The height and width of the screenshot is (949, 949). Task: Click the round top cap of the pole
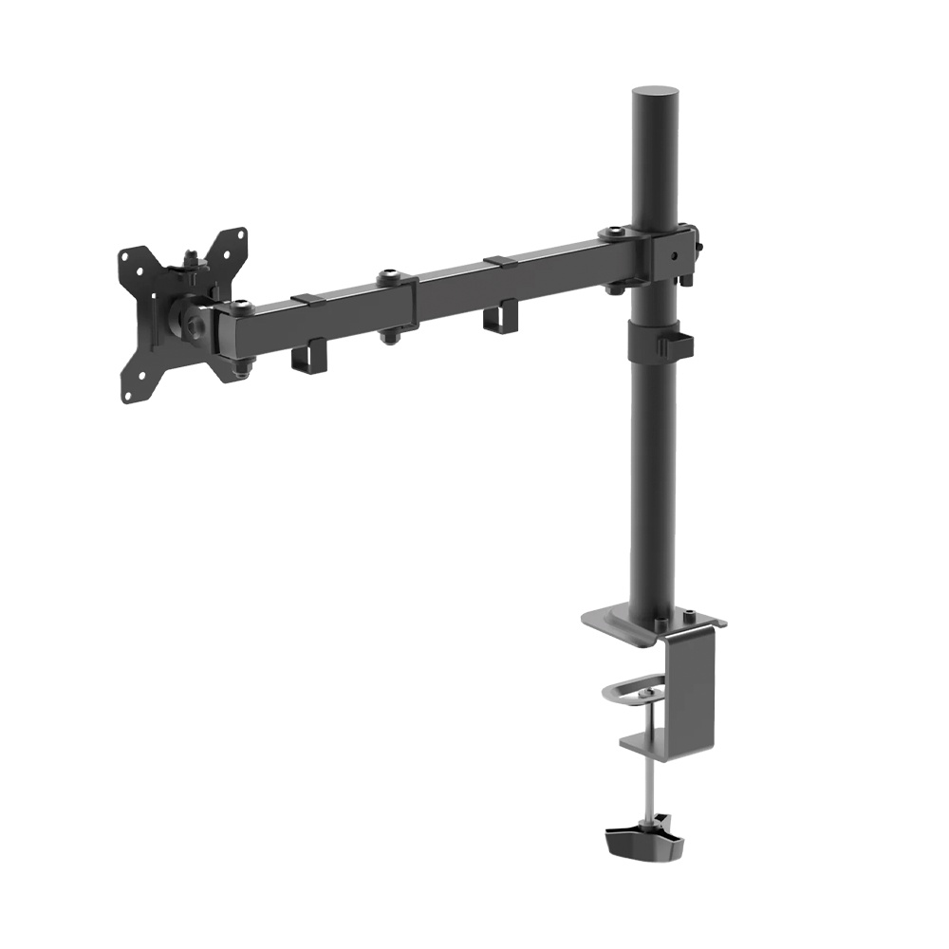click(655, 93)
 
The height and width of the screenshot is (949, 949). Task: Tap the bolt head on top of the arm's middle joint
click(387, 277)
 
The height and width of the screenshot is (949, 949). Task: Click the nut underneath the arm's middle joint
click(388, 337)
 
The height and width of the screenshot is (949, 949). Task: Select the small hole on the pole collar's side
click(676, 255)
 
